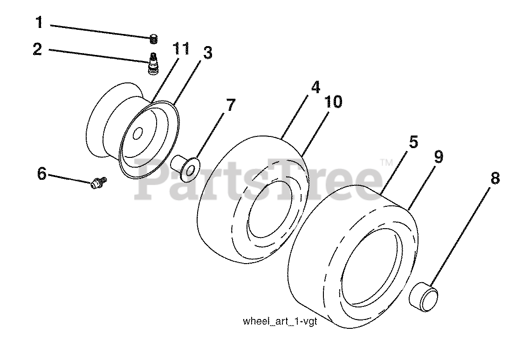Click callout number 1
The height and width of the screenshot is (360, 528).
[x=39, y=22]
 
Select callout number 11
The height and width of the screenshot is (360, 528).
[x=181, y=48]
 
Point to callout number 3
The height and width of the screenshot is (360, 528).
[x=207, y=53]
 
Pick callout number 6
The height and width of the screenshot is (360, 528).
[x=42, y=174]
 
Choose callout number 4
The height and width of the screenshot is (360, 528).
[x=315, y=87]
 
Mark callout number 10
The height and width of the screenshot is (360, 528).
[x=334, y=101]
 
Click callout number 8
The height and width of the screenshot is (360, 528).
[x=494, y=178]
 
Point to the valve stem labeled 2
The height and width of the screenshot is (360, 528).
[x=152, y=64]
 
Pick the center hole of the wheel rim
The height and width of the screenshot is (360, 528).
[x=137, y=134]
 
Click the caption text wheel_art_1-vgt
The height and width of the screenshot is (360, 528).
[x=279, y=322]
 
